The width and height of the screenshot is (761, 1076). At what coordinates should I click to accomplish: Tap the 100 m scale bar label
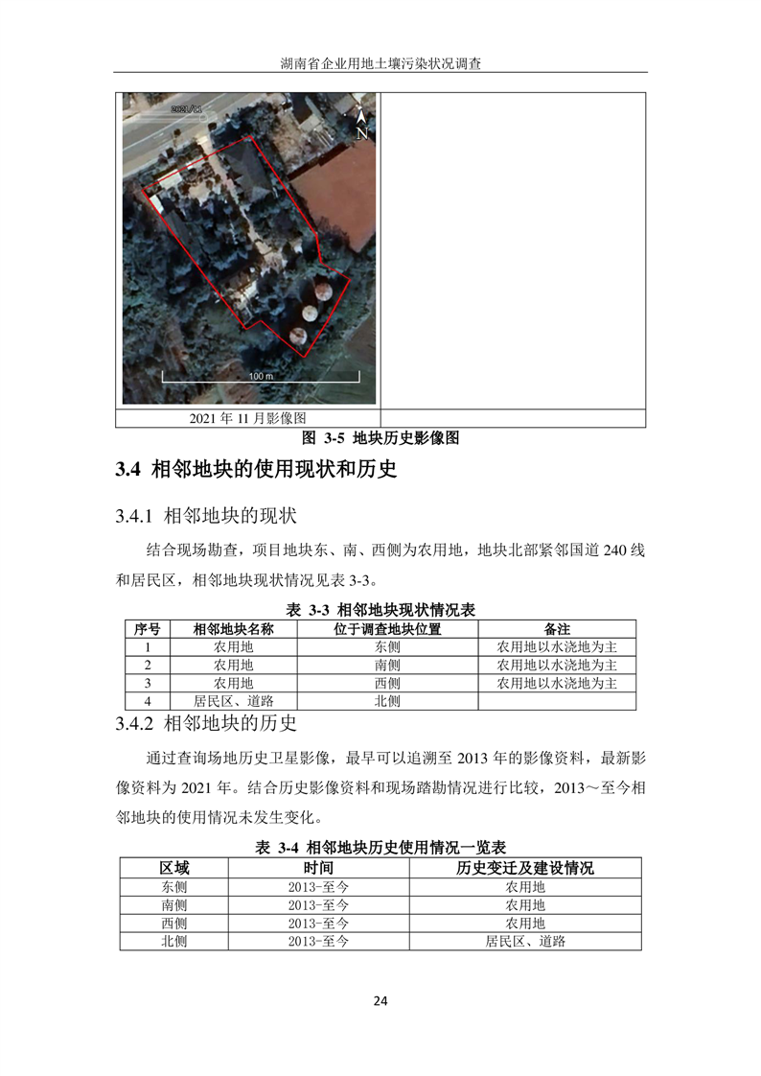tap(261, 377)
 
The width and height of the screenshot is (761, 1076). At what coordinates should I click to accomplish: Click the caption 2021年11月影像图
tap(247, 418)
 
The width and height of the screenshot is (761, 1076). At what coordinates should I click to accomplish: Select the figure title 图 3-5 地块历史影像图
tap(380, 438)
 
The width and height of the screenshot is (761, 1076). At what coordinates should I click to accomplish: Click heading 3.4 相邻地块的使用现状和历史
tap(256, 470)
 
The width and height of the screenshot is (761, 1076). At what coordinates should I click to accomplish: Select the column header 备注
tap(557, 629)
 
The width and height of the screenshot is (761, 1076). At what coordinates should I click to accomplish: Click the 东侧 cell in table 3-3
tap(387, 647)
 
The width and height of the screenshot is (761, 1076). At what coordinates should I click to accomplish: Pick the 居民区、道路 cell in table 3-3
tap(234, 701)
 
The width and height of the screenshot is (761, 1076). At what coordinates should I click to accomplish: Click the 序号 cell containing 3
tap(148, 683)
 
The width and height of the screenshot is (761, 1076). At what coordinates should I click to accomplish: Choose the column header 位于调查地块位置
tap(387, 629)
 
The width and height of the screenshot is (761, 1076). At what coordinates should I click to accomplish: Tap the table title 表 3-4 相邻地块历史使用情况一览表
tap(380, 848)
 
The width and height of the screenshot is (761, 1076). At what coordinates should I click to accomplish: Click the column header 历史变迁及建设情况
tap(525, 868)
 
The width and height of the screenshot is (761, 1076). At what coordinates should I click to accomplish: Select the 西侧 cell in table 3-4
tap(174, 923)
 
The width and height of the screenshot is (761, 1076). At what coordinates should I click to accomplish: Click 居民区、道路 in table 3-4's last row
tap(525, 941)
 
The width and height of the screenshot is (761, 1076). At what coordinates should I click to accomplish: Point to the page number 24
tap(380, 1002)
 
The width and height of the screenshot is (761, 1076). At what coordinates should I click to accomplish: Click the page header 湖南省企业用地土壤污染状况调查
tap(380, 64)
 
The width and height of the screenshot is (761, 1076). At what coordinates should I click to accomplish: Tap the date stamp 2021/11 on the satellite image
tap(187, 110)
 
